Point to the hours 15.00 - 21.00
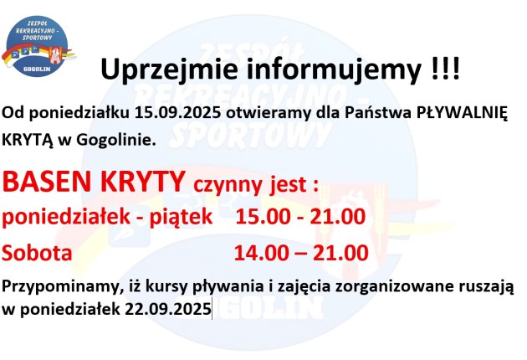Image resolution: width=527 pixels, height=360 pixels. (301, 217)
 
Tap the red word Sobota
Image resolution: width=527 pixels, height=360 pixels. (37, 252)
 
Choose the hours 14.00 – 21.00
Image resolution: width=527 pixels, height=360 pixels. (301, 252)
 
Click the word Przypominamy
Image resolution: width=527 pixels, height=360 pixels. (60, 288)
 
